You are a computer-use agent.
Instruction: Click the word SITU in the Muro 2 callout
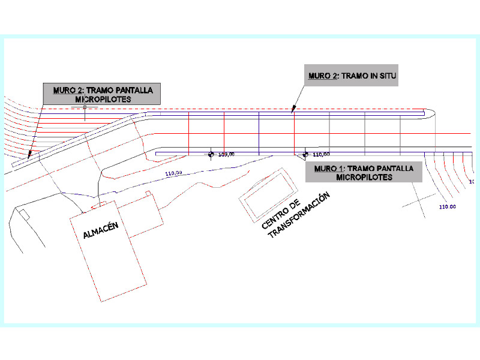pyautogui.click(x=388, y=76)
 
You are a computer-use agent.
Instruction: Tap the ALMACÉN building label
pyautogui.click(x=101, y=230)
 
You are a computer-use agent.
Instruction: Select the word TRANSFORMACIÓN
pyautogui.click(x=299, y=215)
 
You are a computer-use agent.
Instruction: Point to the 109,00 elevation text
pyautogui.click(x=226, y=155)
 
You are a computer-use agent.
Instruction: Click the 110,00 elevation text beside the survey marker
pyautogui.click(x=321, y=155)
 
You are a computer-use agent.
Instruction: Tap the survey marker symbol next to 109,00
pyautogui.click(x=211, y=154)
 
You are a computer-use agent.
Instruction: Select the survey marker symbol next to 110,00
pyautogui.click(x=305, y=154)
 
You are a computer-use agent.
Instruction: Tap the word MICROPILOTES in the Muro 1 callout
pyautogui.click(x=364, y=177)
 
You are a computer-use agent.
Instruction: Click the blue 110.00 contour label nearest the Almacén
pyautogui.click(x=173, y=173)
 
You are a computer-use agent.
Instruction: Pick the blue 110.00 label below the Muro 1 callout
pyautogui.click(x=448, y=207)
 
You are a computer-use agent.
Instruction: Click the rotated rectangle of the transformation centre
pyautogui.click(x=268, y=195)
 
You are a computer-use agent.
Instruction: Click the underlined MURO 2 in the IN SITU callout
pyautogui.click(x=323, y=76)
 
